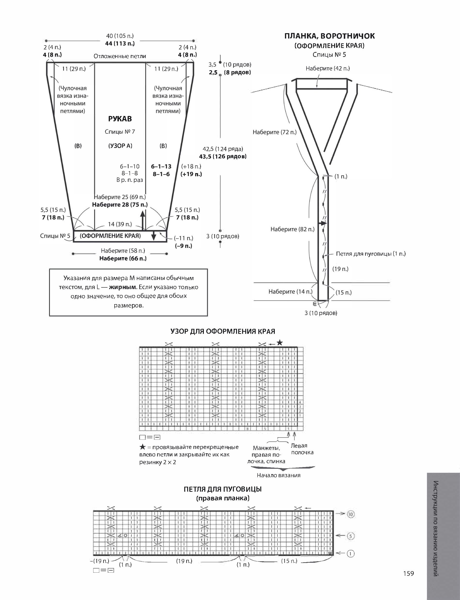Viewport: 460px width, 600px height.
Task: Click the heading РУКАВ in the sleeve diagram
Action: (x=120, y=119)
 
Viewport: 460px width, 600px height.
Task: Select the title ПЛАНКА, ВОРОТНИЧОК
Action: (x=330, y=36)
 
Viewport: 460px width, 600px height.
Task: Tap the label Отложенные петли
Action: (x=120, y=56)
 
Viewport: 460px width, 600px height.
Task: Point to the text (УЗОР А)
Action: (x=120, y=146)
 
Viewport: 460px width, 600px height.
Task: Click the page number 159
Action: (x=408, y=573)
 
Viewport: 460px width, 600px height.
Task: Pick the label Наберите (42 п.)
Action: (x=328, y=69)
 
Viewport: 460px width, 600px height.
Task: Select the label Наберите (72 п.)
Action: (x=274, y=132)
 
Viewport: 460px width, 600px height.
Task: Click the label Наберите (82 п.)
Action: (x=292, y=229)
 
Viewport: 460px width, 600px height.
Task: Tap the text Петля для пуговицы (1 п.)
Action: (x=371, y=254)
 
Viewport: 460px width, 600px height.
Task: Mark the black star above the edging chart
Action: (x=280, y=343)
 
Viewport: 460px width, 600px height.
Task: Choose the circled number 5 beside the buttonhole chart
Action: (x=351, y=536)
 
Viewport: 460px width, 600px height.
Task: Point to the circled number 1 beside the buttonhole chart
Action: (x=351, y=554)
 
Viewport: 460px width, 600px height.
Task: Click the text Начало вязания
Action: (x=278, y=475)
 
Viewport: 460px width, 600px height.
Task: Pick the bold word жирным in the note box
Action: (x=123, y=287)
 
